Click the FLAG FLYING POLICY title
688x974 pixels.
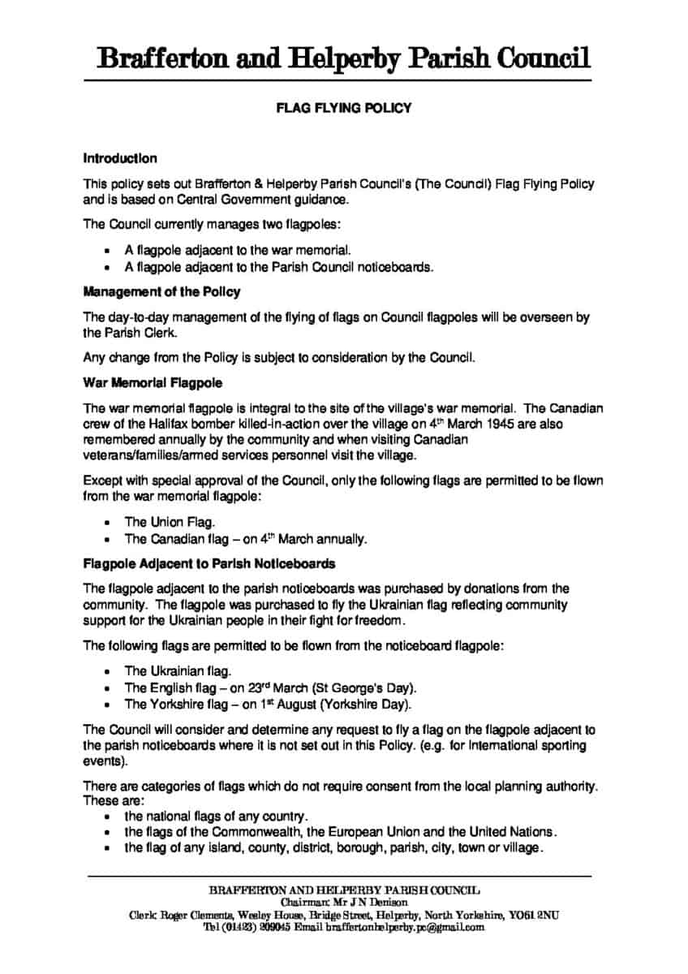pyautogui.click(x=343, y=108)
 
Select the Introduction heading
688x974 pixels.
pyautogui.click(x=120, y=158)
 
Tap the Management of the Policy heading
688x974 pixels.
pyautogui.click(x=161, y=291)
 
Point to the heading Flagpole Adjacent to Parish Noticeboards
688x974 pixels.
pyautogui.click(x=209, y=563)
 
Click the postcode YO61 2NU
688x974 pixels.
pyautogui.click(x=534, y=915)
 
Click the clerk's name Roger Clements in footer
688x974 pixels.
pyautogui.click(x=191, y=915)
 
